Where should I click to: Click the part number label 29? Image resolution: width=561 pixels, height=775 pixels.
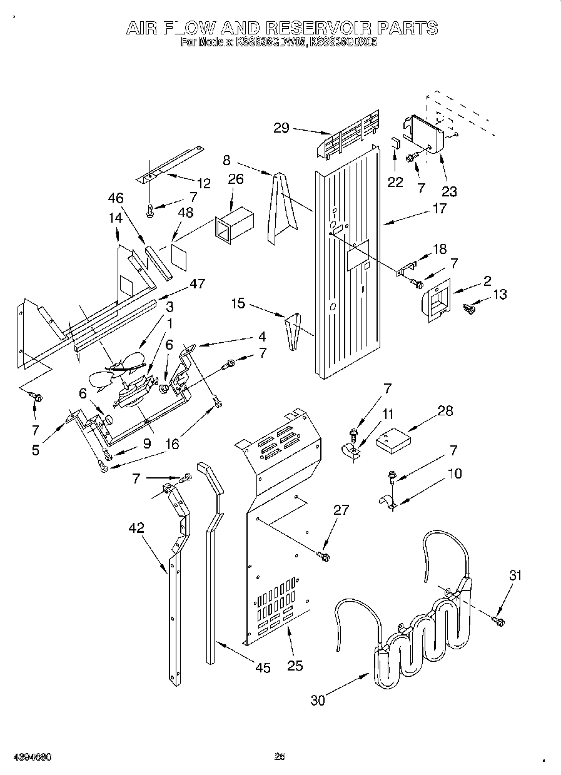pyautogui.click(x=281, y=128)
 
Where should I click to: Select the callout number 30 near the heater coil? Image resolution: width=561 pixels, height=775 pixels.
pyautogui.click(x=318, y=701)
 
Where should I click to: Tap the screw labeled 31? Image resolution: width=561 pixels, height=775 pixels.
pyautogui.click(x=499, y=620)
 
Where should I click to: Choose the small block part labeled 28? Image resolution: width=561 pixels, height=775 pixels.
pyautogui.click(x=393, y=441)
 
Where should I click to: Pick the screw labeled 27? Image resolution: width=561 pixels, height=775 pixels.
pyautogui.click(x=323, y=554)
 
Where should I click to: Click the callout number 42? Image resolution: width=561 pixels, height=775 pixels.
pyautogui.click(x=136, y=527)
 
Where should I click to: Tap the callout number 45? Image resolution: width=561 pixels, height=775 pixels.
pyautogui.click(x=263, y=668)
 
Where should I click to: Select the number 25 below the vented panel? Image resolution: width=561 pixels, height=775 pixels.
pyautogui.click(x=295, y=666)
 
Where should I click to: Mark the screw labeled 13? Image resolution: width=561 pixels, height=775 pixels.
pyautogui.click(x=469, y=308)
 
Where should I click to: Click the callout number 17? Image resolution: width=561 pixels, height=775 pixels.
pyautogui.click(x=440, y=208)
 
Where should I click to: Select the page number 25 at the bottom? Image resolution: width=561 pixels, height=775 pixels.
pyautogui.click(x=280, y=757)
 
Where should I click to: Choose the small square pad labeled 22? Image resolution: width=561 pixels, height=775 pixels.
pyautogui.click(x=396, y=142)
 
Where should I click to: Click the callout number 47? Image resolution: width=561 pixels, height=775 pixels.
pyautogui.click(x=198, y=283)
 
